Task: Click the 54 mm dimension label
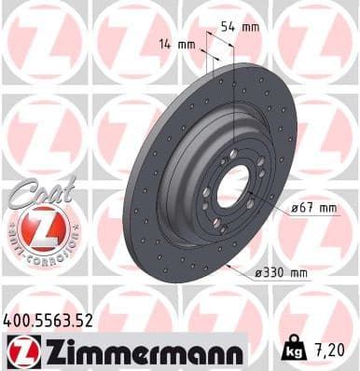pos(240,27)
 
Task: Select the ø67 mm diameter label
pos(312,208)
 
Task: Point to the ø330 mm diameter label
pos(281,273)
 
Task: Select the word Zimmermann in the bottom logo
pos(139,351)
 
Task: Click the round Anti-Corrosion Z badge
pos(40,227)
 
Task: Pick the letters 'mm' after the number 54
pos(250,27)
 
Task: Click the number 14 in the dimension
pos(165,43)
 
